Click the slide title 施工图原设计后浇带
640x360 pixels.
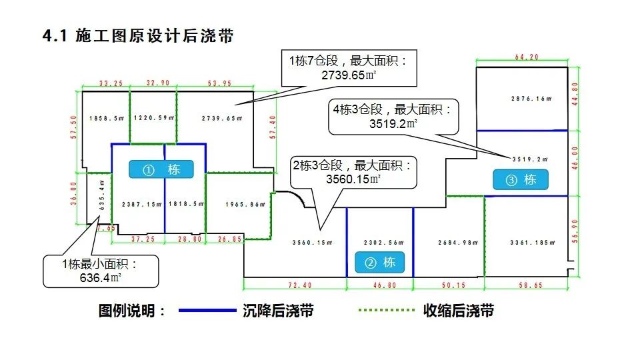pyautogui.click(x=138, y=36)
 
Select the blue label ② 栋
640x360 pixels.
pyautogui.click(x=379, y=262)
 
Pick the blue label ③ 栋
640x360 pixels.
pyautogui.click(x=520, y=179)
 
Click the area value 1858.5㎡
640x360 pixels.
pyautogui.click(x=107, y=119)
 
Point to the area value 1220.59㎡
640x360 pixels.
pyautogui.click(x=153, y=119)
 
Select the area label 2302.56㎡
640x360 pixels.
pyautogui.click(x=379, y=242)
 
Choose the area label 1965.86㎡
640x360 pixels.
pyautogui.click(x=242, y=205)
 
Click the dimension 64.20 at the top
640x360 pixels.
pyautogui.click(x=526, y=57)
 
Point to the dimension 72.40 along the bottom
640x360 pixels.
pyautogui.click(x=299, y=285)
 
